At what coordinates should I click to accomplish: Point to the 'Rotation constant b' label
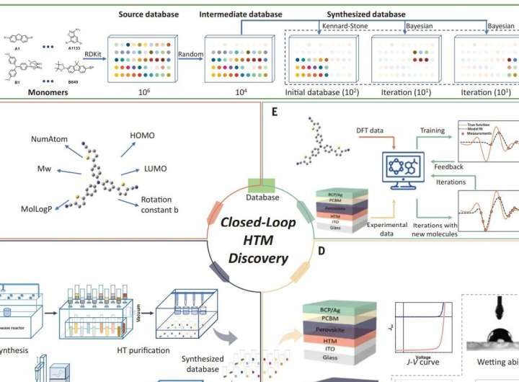click(x=161, y=205)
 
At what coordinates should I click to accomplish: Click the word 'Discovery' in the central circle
click(x=258, y=258)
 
